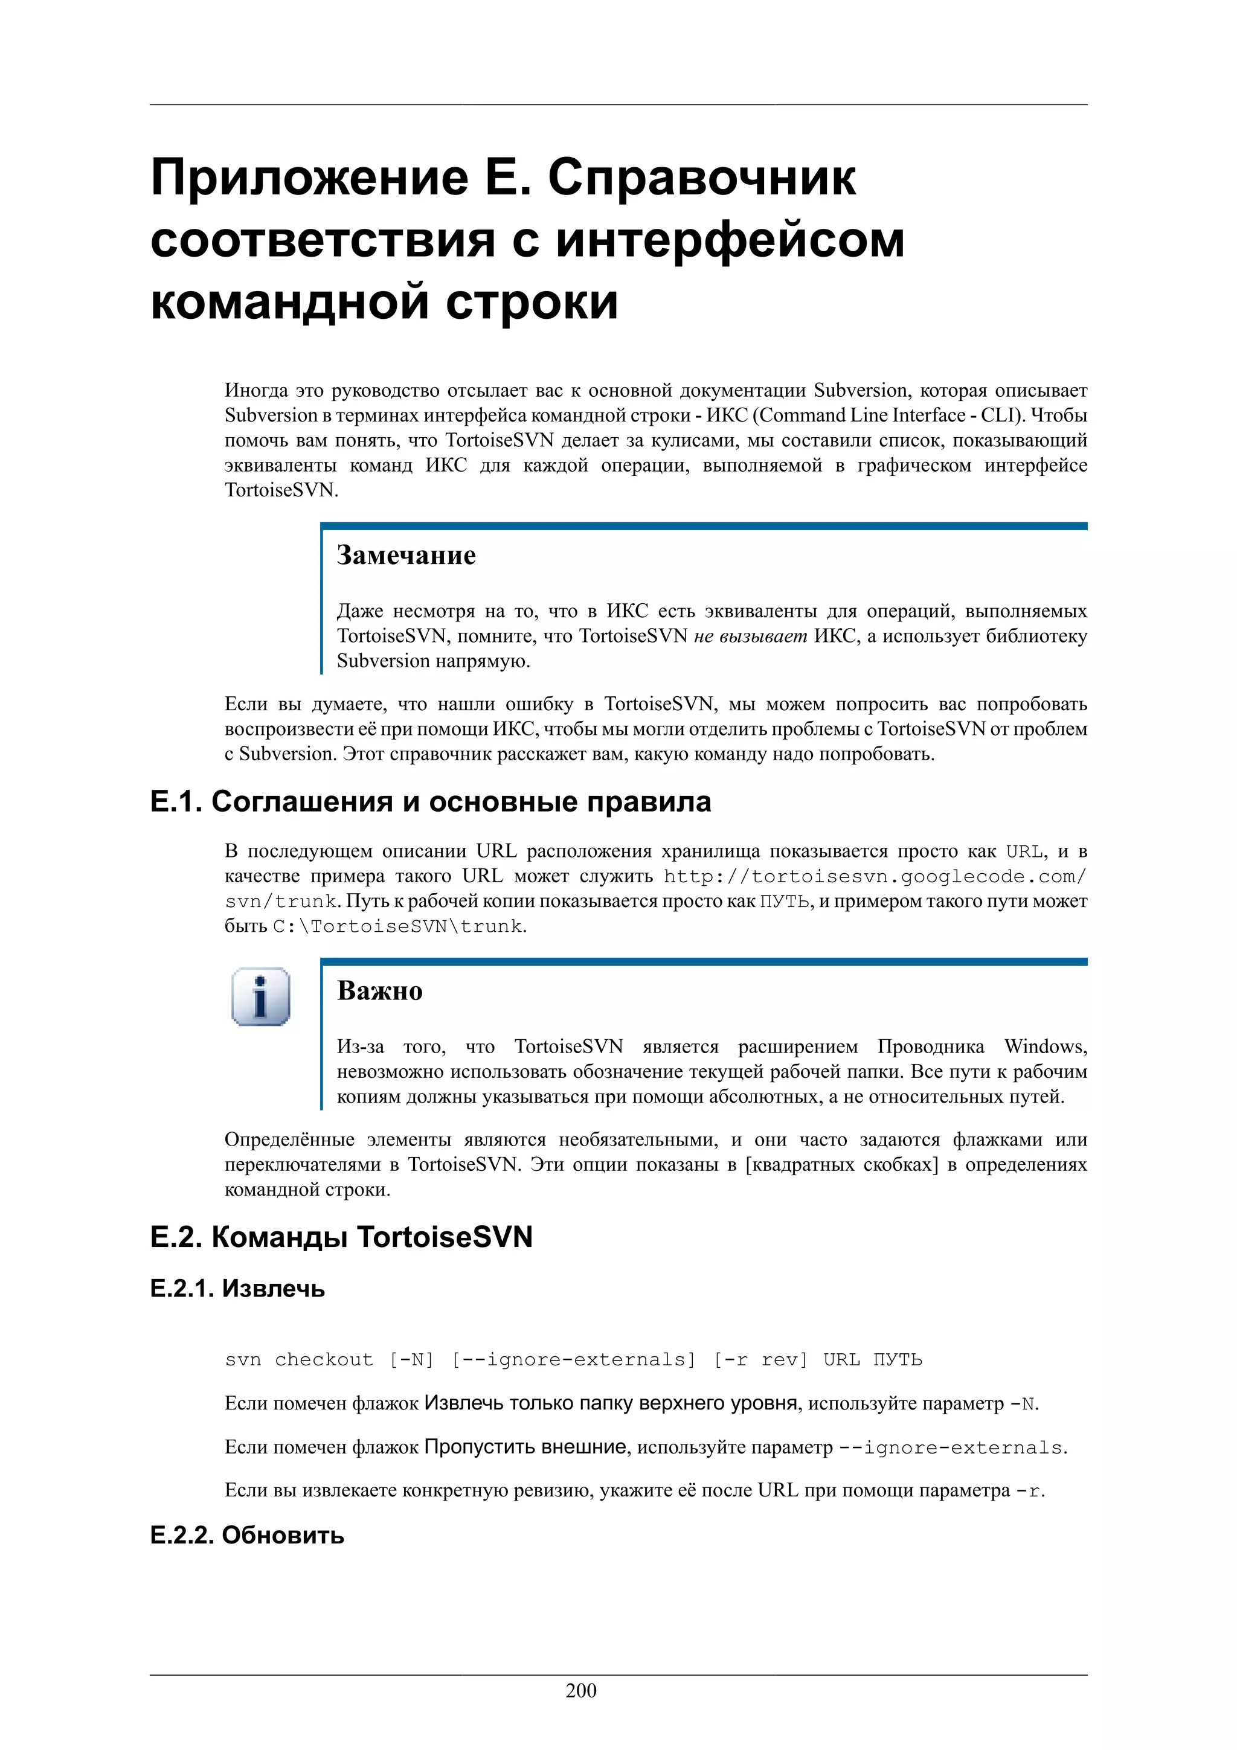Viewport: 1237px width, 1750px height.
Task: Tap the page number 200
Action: point(581,1691)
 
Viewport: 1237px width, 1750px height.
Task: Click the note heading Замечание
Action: point(406,555)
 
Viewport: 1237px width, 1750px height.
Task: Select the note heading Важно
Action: point(379,990)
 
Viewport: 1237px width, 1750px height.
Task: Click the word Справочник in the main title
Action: point(702,177)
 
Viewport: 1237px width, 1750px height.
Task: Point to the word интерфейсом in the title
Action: point(730,239)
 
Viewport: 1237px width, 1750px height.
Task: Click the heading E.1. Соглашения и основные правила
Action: point(431,802)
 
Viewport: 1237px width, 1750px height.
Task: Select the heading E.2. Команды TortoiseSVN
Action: point(341,1236)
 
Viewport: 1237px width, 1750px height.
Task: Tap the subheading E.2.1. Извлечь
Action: point(238,1289)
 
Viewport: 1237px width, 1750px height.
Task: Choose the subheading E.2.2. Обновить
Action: point(247,1535)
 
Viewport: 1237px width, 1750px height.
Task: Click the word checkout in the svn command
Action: point(324,1360)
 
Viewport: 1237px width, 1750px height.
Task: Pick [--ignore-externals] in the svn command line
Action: point(573,1360)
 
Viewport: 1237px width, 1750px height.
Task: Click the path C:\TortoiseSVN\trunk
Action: point(399,926)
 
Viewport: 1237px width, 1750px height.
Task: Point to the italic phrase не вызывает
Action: point(750,636)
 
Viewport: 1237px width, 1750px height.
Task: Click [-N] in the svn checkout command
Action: point(411,1360)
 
